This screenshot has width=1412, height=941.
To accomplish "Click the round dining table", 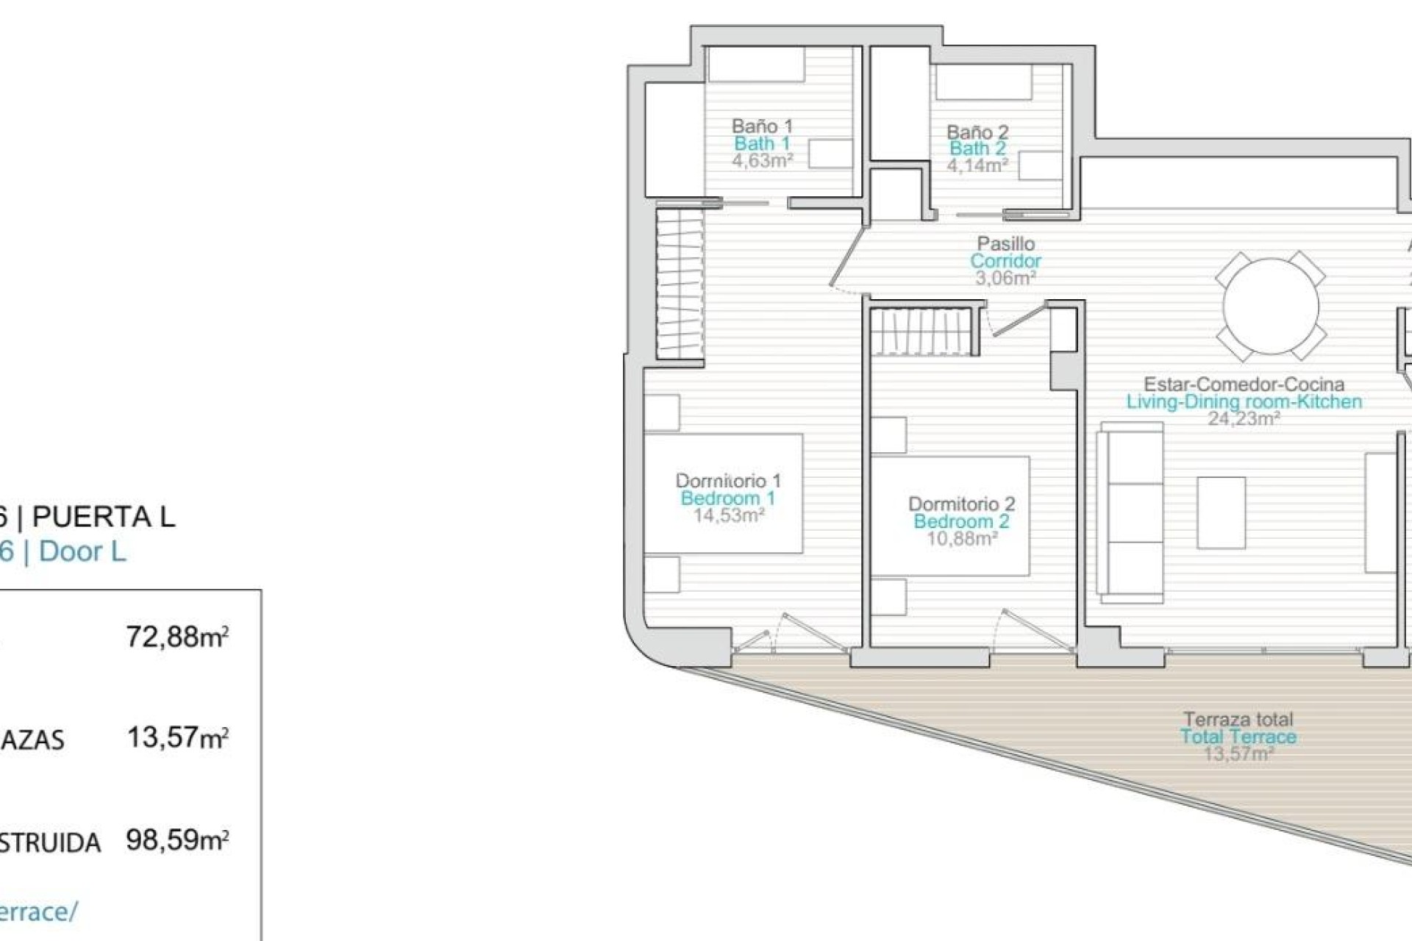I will tap(1270, 307).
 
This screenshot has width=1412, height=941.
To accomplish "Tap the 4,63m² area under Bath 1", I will tap(762, 161).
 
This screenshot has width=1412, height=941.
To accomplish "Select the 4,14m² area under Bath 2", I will tap(977, 166).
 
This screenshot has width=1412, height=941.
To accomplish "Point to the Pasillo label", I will tap(1005, 243).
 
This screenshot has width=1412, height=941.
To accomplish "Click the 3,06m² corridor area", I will tap(1005, 279).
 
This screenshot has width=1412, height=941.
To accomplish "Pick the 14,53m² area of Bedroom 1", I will tap(729, 515).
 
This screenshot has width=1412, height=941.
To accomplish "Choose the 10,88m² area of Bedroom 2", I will tap(961, 539).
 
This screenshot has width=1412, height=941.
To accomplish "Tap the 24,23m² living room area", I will tap(1244, 419).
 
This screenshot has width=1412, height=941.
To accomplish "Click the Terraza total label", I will tap(1238, 719).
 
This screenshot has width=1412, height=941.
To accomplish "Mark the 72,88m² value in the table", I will tap(177, 637).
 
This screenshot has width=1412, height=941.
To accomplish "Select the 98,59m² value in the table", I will tap(177, 840).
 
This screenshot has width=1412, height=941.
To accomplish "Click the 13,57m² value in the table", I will tap(177, 737).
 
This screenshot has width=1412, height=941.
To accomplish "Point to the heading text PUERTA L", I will tap(104, 517).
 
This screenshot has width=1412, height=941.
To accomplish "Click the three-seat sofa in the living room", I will tap(1130, 512).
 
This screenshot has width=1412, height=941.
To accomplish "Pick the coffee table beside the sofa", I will tap(1221, 512).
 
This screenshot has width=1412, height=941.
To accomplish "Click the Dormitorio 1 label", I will tap(728, 481).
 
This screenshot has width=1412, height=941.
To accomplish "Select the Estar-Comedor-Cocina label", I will tap(1244, 384).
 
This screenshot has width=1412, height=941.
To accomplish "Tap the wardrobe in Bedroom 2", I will tap(924, 332).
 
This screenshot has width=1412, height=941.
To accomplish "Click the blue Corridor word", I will tap(1005, 261).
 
